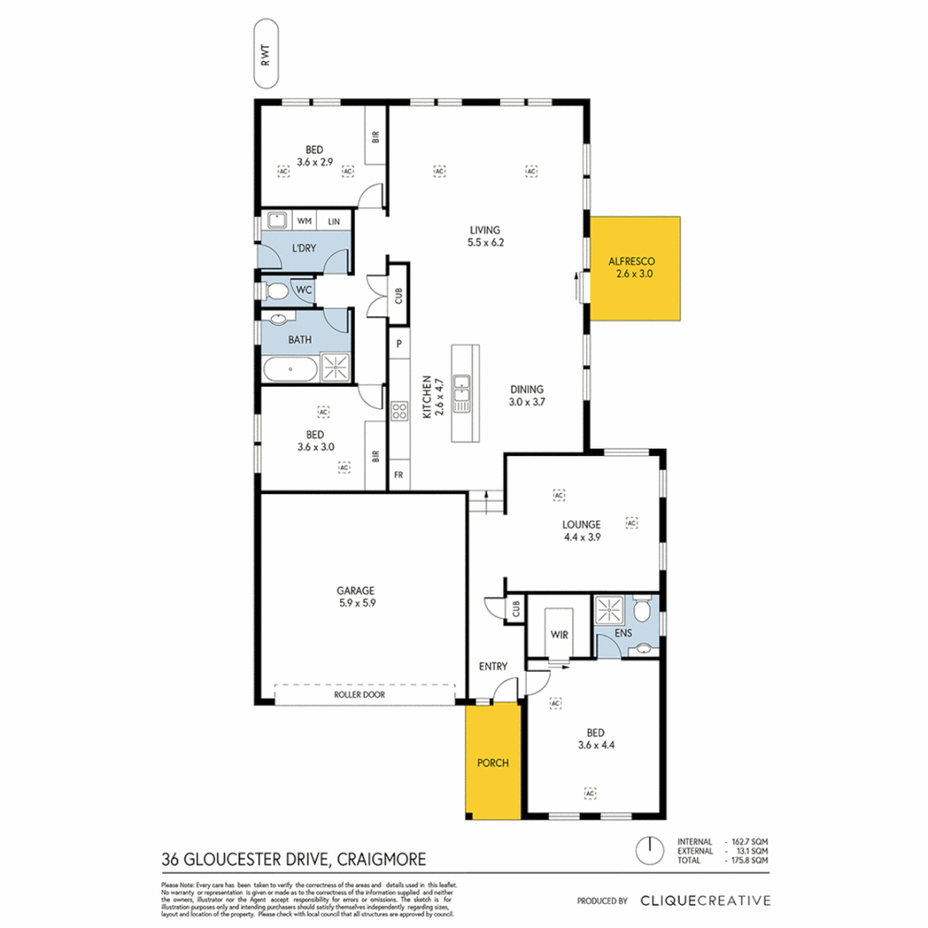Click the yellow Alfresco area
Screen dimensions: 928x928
(x=635, y=269)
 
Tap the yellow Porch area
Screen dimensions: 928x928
(x=492, y=761)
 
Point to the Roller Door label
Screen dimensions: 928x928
(x=364, y=694)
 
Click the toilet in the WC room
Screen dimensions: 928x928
(x=277, y=292)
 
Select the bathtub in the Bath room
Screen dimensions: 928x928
(x=290, y=372)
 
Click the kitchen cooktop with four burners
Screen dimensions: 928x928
(x=399, y=411)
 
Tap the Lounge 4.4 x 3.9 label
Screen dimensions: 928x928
(x=581, y=529)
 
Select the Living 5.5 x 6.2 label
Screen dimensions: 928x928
(x=485, y=235)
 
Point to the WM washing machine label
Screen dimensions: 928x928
(x=303, y=222)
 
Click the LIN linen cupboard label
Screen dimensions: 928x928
(x=333, y=222)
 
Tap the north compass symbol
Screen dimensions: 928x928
(x=650, y=850)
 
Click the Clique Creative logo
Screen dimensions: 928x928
(x=705, y=901)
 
